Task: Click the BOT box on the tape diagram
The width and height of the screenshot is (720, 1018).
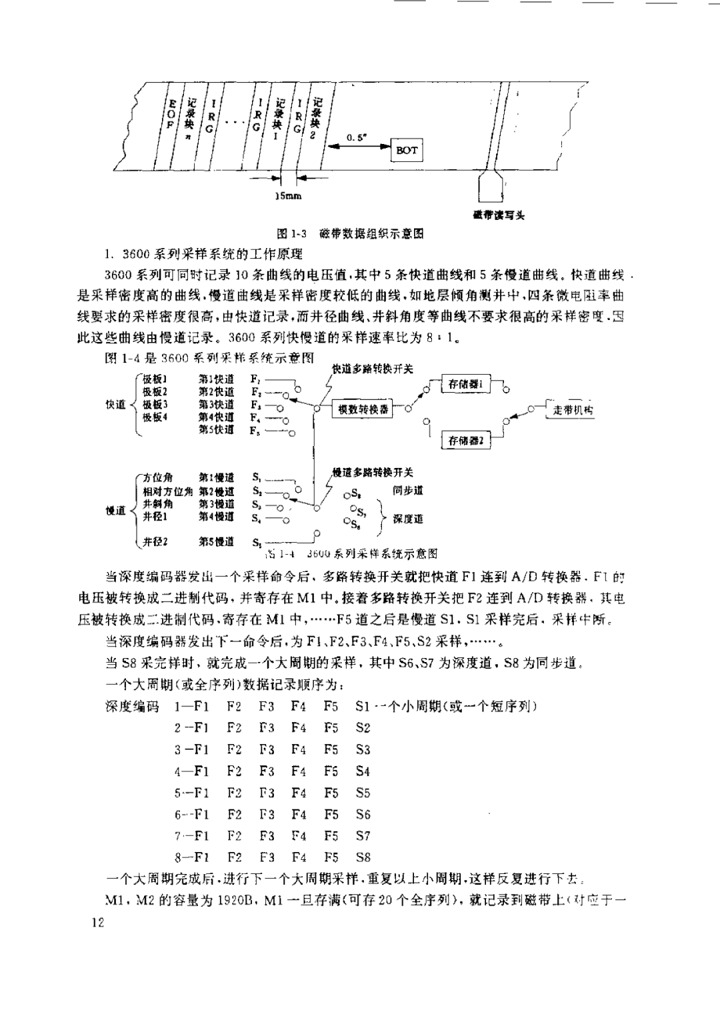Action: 407,150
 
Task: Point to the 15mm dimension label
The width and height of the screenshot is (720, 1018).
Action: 288,196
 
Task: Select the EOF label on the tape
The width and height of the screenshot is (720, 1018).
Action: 172,115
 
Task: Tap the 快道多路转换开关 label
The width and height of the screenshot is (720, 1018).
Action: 373,369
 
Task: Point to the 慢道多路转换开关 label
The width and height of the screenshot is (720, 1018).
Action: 373,472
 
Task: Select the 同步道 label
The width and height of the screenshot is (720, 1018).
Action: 407,490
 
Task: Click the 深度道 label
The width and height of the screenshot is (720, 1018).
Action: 407,519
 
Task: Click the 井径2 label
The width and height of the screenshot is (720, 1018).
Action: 155,541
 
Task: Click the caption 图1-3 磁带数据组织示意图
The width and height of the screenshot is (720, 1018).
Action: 351,233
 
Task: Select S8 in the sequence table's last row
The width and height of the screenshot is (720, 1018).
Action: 363,857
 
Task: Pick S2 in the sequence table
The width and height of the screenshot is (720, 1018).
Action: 363,728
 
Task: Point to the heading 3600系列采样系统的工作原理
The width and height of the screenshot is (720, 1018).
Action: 204,254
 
